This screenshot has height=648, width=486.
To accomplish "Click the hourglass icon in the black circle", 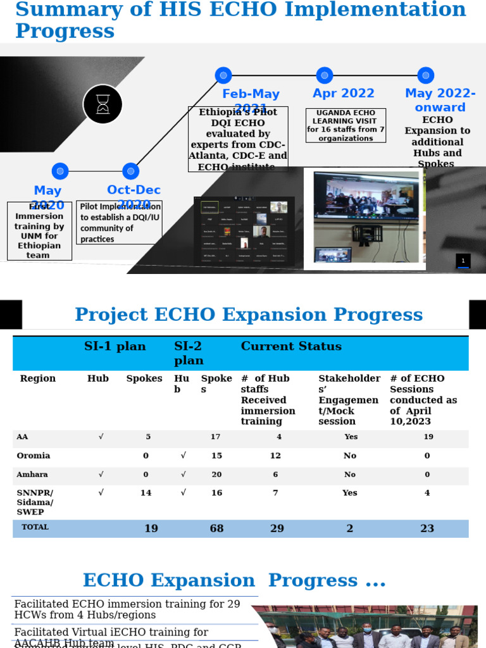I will pyautogui.click(x=103, y=104).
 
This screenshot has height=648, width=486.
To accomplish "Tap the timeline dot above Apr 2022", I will pyautogui.click(x=325, y=75).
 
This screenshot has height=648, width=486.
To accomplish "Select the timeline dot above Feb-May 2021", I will pyautogui.click(x=223, y=75).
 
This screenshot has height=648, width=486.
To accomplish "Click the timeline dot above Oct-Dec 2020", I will pyautogui.click(x=130, y=171).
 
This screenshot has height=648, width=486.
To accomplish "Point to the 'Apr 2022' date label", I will pyautogui.click(x=344, y=94).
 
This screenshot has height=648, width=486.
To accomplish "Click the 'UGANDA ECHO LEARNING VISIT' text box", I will pyautogui.click(x=346, y=125).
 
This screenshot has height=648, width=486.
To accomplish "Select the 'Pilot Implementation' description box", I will pyautogui.click(x=119, y=223).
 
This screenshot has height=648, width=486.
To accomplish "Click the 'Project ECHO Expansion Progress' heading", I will pyautogui.click(x=249, y=315).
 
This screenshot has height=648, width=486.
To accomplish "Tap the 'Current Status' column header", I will pyautogui.click(x=291, y=347).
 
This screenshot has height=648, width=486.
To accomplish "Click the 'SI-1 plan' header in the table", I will pyautogui.click(x=115, y=347).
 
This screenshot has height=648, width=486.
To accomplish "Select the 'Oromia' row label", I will pyautogui.click(x=34, y=456).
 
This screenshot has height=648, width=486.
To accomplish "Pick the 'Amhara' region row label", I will pyautogui.click(x=32, y=475).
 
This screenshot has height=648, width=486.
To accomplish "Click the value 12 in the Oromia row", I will pyautogui.click(x=275, y=456).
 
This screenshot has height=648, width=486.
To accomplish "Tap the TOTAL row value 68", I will pyautogui.click(x=216, y=528).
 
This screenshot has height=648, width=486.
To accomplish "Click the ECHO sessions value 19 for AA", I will pyautogui.click(x=428, y=437).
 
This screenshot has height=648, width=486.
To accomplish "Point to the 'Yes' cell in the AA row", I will pyautogui.click(x=351, y=437).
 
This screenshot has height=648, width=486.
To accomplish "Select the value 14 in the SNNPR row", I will pyautogui.click(x=146, y=493).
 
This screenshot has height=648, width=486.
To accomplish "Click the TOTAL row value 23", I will pyautogui.click(x=427, y=528).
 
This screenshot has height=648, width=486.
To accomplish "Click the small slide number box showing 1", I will pyautogui.click(x=463, y=261).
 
